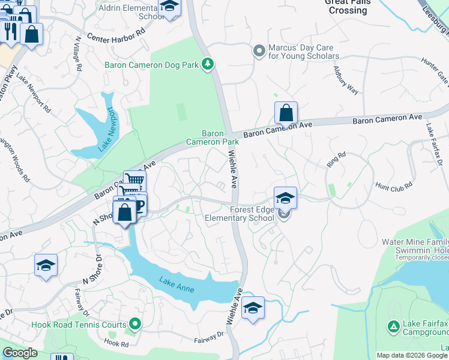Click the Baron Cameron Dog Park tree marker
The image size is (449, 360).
click(208, 64)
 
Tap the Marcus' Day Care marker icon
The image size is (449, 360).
click(259, 51)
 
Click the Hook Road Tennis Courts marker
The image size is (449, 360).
click(135, 325)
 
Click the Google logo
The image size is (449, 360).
click(20, 353)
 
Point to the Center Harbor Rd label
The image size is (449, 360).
click(116, 41)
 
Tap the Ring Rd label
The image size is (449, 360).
click(337, 158)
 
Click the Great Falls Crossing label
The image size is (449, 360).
click(348, 6)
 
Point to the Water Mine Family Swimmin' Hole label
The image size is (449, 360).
click(415, 245)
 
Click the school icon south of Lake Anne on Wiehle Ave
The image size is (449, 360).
click(253, 309)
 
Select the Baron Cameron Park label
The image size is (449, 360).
click(212, 137)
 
